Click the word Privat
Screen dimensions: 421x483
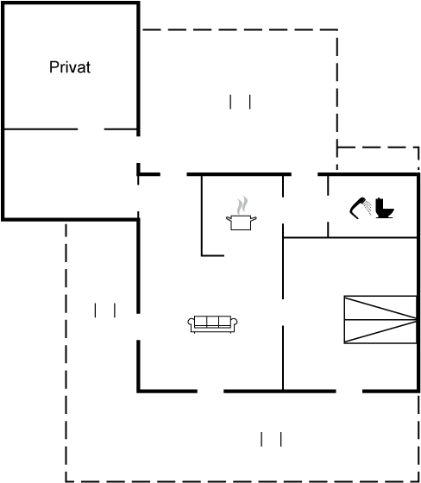[70, 67]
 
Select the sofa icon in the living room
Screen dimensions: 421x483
[213, 324]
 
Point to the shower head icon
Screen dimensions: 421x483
[361, 208]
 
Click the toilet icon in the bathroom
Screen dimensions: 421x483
[384, 208]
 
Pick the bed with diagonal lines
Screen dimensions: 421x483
[380, 319]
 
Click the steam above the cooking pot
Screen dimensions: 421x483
[242, 205]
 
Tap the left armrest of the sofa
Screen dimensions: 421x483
[191, 323]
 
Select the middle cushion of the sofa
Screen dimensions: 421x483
[213, 322]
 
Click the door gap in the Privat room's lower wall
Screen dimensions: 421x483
[91, 129]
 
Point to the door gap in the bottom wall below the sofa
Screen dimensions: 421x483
[210, 392]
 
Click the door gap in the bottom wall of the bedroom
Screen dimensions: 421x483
[349, 392]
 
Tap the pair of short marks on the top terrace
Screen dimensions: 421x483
[240, 102]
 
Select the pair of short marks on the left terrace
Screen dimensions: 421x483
[105, 310]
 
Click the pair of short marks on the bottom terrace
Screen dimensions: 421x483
[271, 439]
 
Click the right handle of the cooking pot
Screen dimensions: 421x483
[254, 219]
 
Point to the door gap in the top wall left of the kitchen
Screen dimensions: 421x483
[173, 174]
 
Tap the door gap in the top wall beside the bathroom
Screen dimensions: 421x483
[305, 174]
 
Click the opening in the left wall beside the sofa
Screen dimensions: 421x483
[138, 327]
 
